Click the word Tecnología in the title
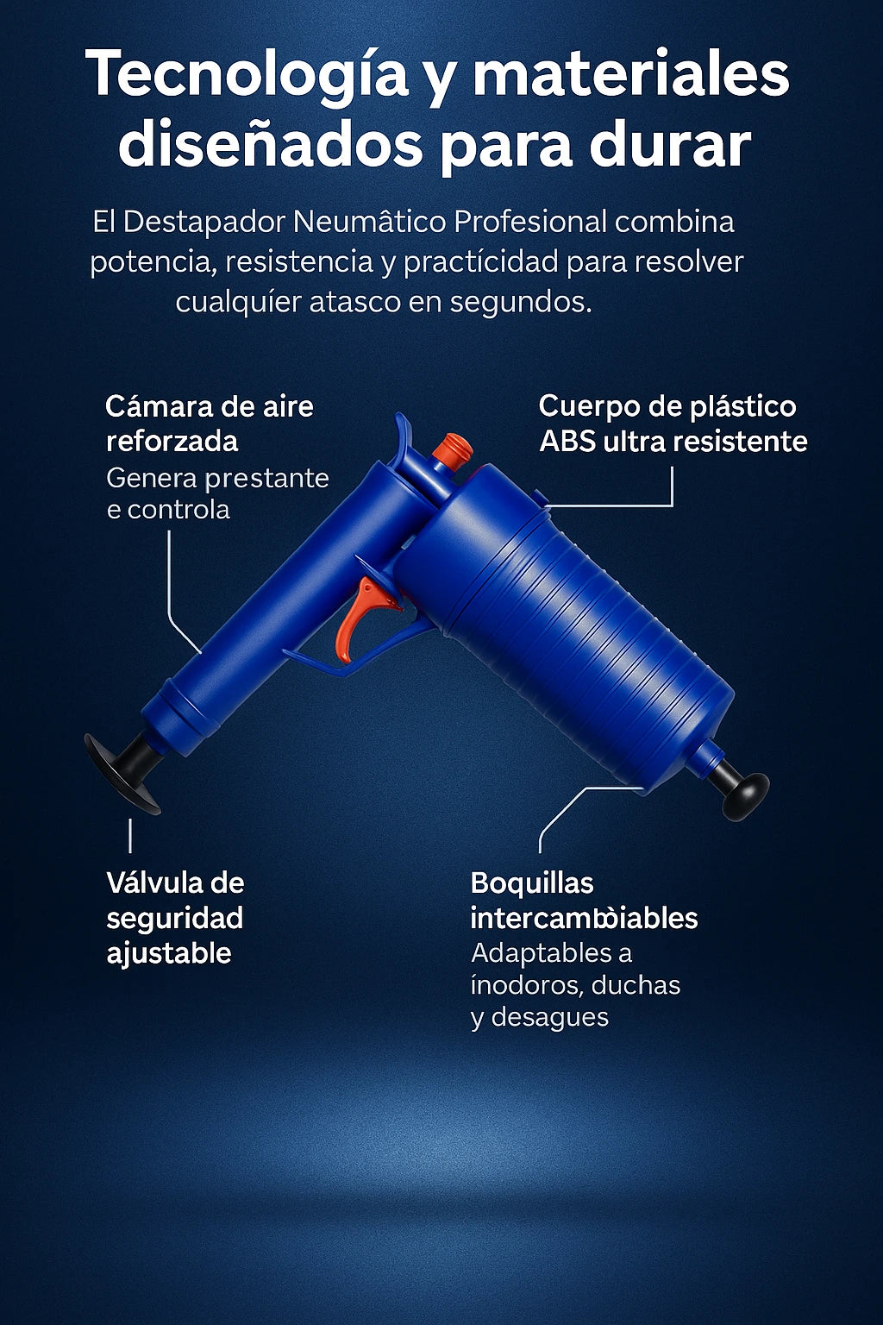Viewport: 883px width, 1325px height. [x=247, y=76]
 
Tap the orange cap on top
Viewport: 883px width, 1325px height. [x=451, y=449]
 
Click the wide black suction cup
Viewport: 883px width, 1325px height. [x=123, y=772]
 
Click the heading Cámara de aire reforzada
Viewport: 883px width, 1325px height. [x=209, y=424]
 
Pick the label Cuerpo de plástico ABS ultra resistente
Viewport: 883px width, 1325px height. [x=673, y=424]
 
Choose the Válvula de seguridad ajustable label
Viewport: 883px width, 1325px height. [x=175, y=918]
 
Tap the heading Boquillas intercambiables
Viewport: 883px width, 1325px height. [x=583, y=901]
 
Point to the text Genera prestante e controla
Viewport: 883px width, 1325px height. [x=217, y=493]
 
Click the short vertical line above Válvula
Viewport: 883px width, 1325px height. [x=130, y=836]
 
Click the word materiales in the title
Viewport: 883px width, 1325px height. [x=630, y=76]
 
